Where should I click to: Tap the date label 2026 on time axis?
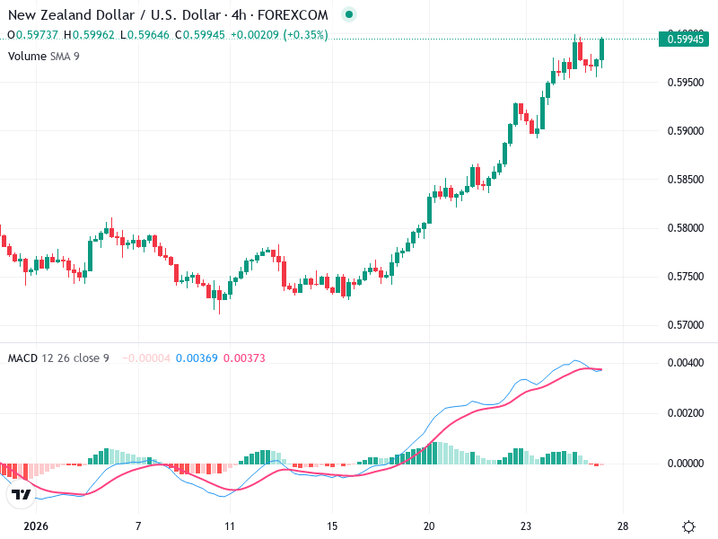pyautogui.click(x=36, y=526)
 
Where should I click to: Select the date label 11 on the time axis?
pyautogui.click(x=230, y=526)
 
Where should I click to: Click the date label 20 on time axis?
pyautogui.click(x=429, y=526)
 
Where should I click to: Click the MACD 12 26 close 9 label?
pyautogui.click(x=58, y=358)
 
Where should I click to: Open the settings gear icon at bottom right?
pyautogui.click(x=688, y=526)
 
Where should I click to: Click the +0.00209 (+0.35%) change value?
pyautogui.click(x=279, y=35)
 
